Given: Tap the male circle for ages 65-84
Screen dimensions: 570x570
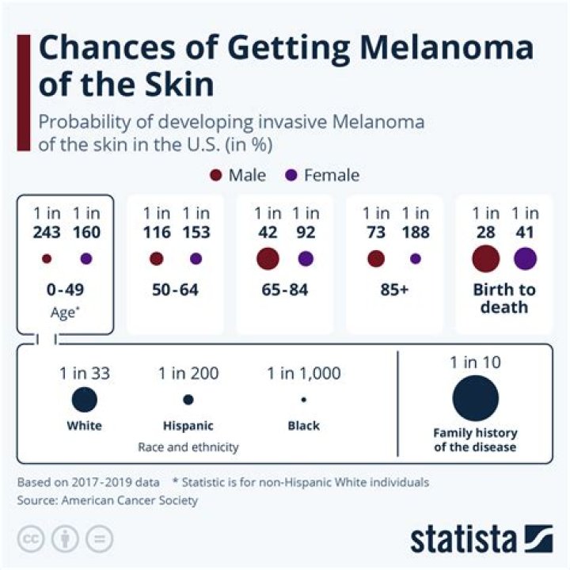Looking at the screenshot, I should (268, 259).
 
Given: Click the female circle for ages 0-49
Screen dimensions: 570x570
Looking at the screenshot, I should (86, 259).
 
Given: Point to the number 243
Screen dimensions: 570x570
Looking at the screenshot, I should (47, 232).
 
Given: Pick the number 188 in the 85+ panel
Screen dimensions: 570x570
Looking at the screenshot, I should (415, 232).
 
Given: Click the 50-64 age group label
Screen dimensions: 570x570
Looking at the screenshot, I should (175, 290).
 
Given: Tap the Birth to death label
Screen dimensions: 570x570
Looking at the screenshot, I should (503, 298).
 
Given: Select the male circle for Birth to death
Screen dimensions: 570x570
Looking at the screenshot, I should (485, 259).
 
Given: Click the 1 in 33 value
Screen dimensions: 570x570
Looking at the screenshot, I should (84, 373).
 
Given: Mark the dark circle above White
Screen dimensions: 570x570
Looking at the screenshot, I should (84, 400).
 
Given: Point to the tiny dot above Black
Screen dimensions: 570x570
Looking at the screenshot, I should (304, 400).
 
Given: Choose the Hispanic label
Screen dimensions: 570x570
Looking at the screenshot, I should (188, 426).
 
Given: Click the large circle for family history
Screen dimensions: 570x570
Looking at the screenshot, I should (475, 399).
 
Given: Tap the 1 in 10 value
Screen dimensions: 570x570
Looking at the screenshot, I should (475, 363).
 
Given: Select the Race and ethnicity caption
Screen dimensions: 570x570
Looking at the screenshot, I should (188, 447).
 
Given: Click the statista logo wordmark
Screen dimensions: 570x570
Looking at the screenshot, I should (464, 540).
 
